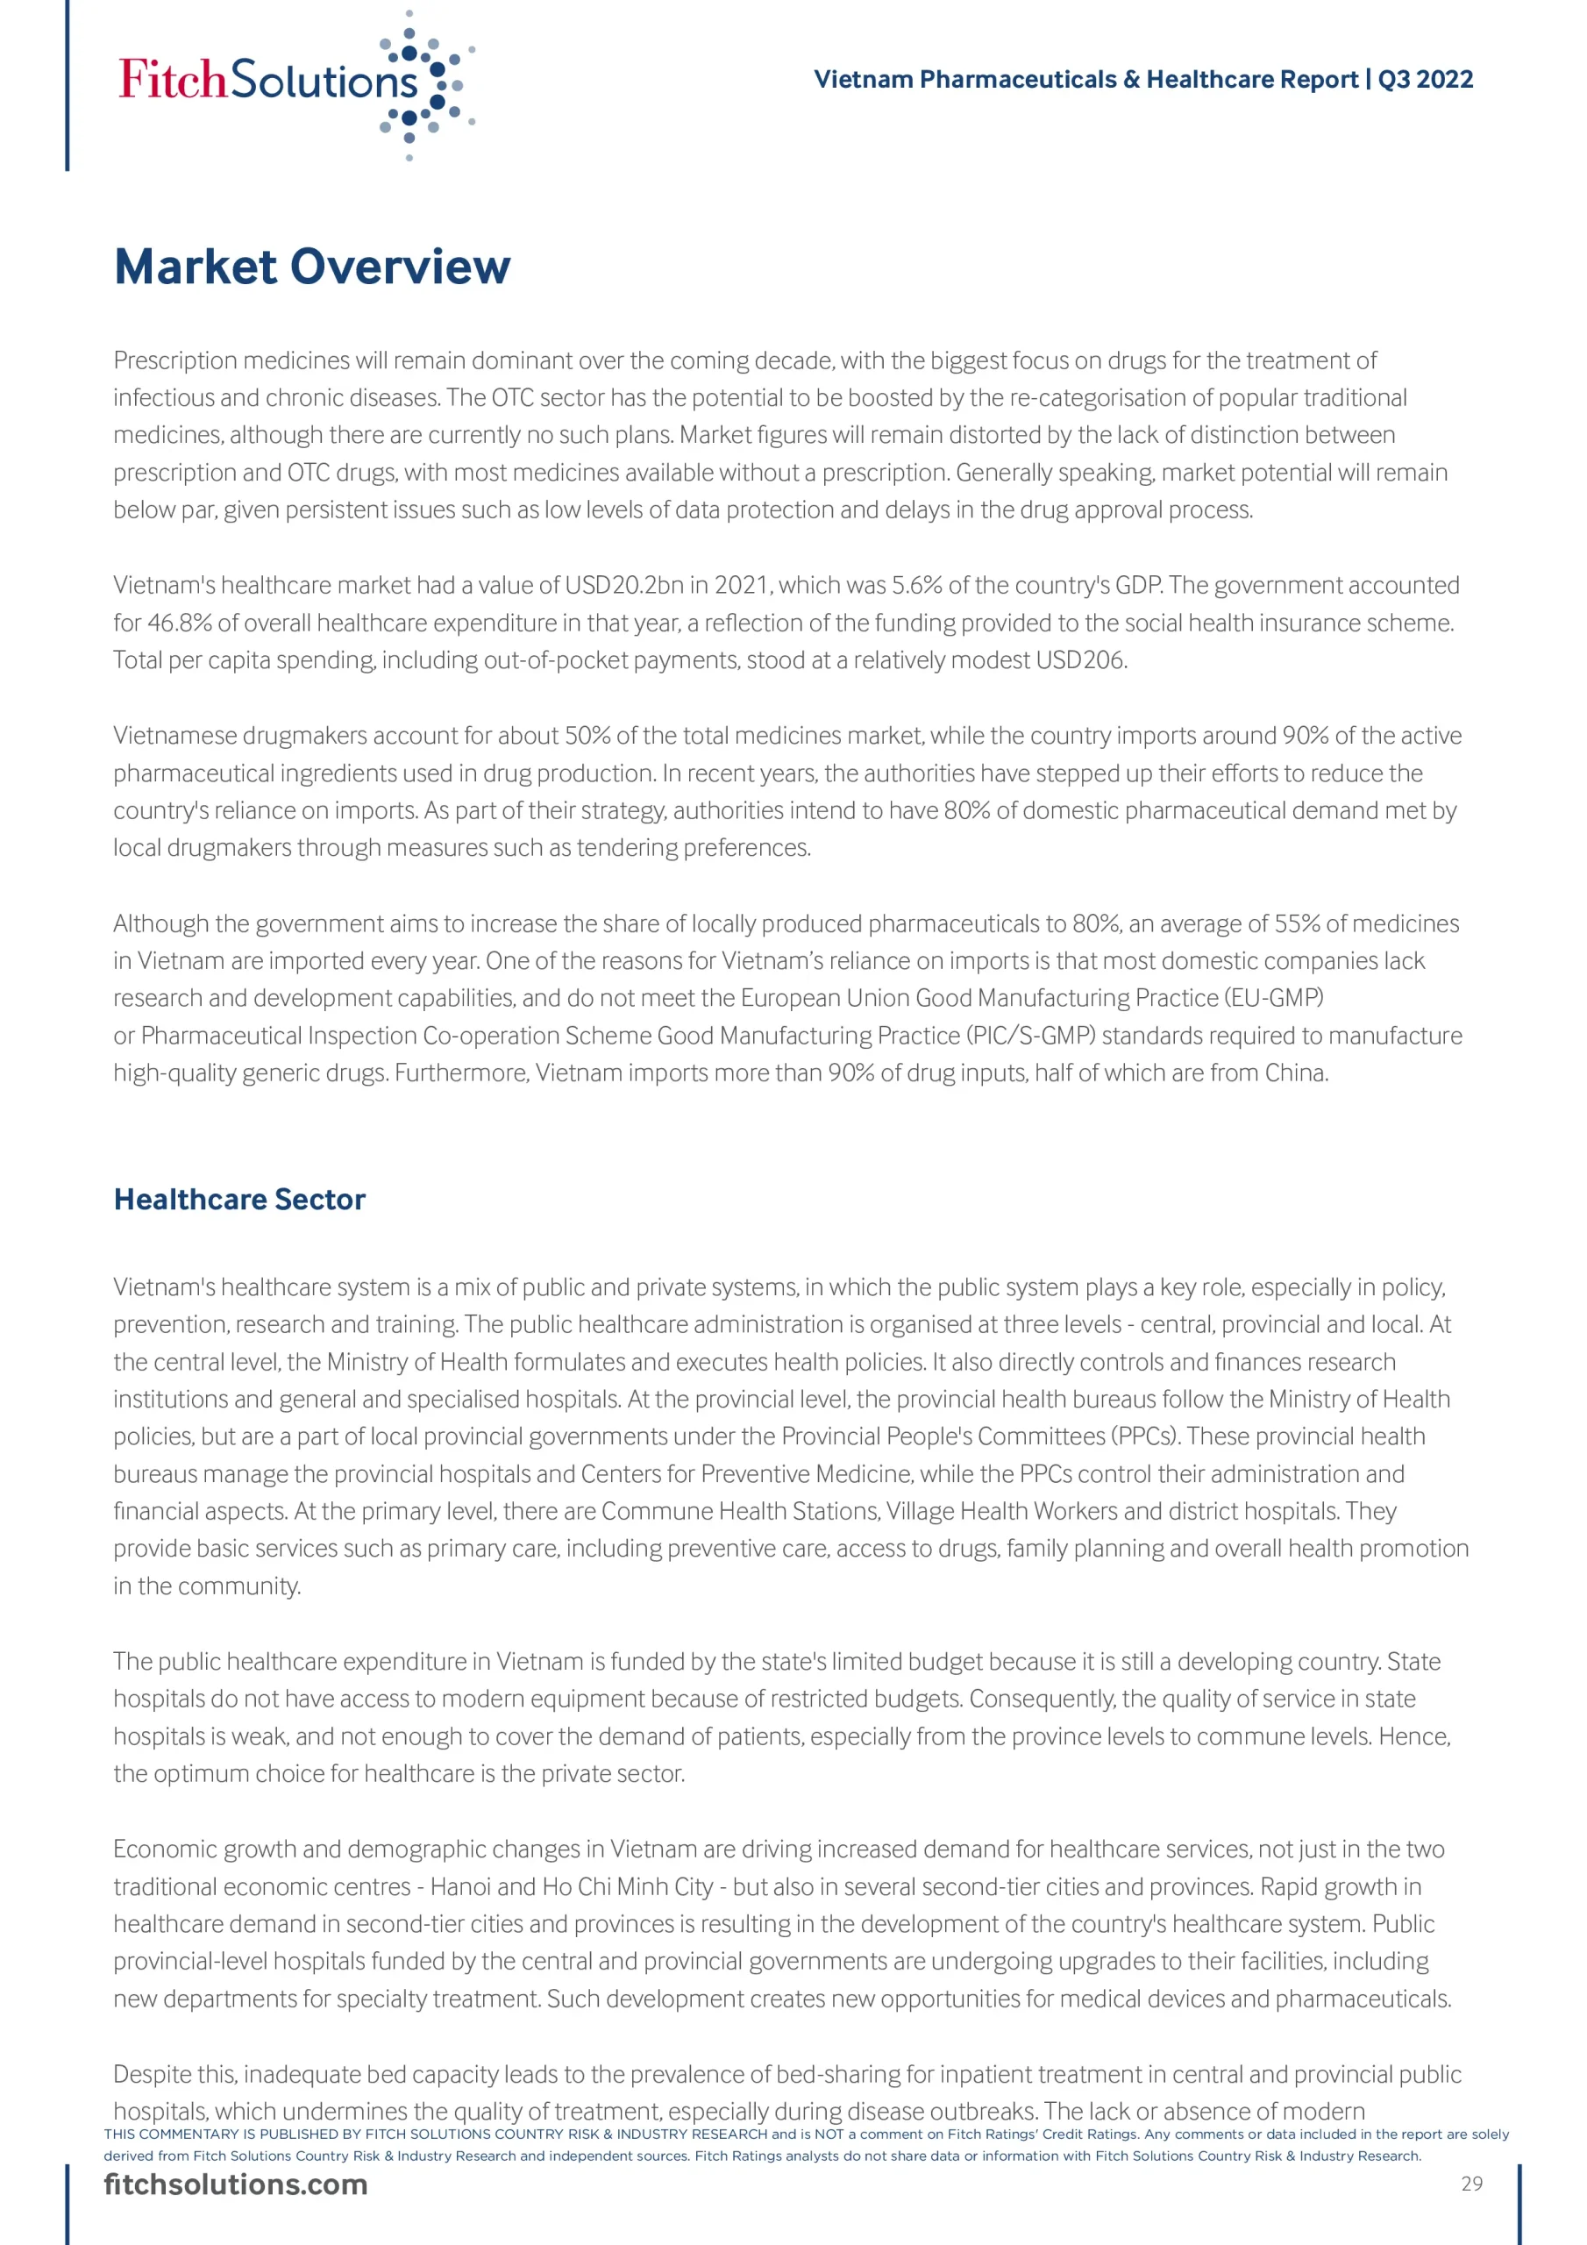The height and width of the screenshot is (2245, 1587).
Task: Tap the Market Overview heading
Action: (312, 267)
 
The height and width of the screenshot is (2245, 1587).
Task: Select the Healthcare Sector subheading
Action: (239, 1200)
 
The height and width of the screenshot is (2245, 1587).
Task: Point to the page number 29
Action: (1471, 2184)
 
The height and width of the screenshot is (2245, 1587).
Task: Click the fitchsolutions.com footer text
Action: (236, 2185)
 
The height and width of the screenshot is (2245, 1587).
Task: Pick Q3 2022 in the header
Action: (1425, 79)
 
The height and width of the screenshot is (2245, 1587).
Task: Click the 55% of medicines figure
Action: (1297, 924)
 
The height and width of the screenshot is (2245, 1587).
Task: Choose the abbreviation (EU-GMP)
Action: (1274, 998)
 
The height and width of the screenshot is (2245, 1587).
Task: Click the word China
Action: (1296, 1073)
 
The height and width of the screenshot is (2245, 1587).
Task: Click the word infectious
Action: (161, 398)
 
